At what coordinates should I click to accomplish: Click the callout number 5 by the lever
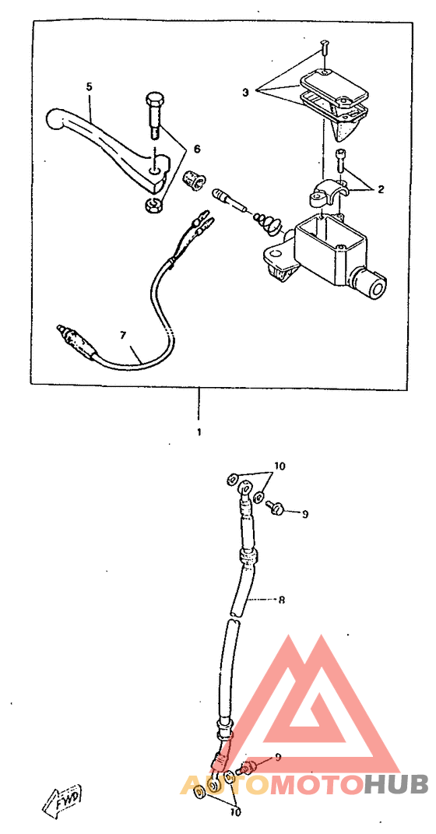pos(90,86)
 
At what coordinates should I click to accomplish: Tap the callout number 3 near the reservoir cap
pos(245,92)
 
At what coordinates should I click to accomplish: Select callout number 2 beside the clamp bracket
pos(380,188)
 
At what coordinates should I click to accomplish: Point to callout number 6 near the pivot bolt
pos(197,150)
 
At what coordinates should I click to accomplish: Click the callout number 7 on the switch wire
pos(123,335)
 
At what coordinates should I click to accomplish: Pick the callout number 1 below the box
pos(199,432)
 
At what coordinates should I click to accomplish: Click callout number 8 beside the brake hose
pos(281,600)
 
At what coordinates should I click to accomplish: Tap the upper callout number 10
pos(280,466)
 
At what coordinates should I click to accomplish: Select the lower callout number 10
pos(235,812)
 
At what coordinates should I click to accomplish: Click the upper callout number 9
pos(305,514)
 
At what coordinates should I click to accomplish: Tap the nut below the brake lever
pos(153,204)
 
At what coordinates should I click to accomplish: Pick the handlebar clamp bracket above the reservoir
pos(325,194)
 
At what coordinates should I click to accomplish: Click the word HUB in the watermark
pos(396,784)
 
